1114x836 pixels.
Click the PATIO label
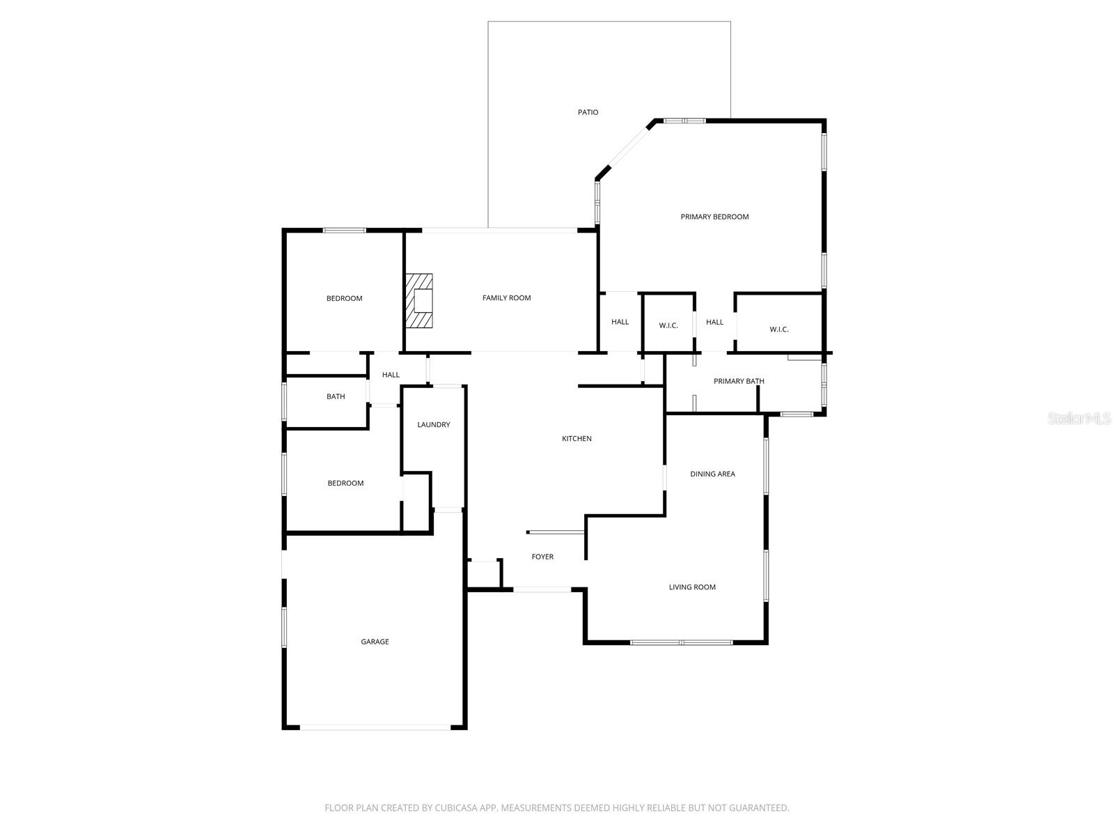coord(588,112)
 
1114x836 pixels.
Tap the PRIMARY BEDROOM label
coord(714,217)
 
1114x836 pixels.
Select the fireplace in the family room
coord(420,300)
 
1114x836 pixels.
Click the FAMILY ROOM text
coord(506,298)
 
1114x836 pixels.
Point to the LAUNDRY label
coord(433,425)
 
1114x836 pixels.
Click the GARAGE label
coord(375,642)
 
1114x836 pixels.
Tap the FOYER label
coord(542,557)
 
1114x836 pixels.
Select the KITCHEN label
coord(576,439)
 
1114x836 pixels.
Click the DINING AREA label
coord(712,474)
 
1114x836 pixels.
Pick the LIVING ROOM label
coord(692,587)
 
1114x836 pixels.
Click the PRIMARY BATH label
coord(739,381)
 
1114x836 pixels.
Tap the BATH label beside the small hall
coord(336,396)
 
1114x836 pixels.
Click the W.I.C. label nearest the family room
coord(668,326)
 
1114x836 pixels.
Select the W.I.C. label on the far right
coord(779,330)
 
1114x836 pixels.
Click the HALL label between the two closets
coord(714,322)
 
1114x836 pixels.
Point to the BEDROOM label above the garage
coord(345,483)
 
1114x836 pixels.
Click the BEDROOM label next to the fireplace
coord(344,299)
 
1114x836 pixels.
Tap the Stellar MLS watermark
coord(1079,418)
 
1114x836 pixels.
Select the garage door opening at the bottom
coord(376,727)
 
